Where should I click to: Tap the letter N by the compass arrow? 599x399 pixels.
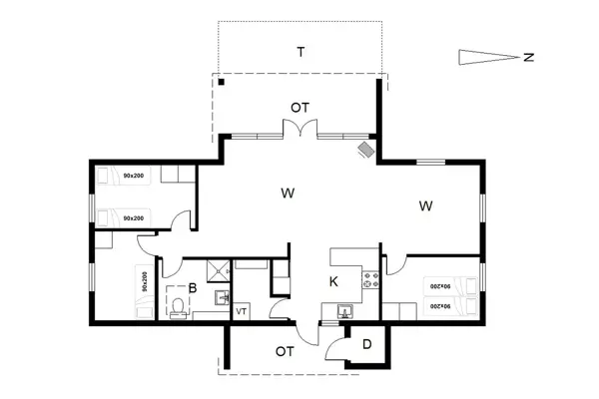point(529,57)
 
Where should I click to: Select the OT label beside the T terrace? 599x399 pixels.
point(299,107)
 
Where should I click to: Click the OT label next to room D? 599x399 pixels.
point(285,351)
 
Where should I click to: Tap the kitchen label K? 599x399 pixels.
point(333,282)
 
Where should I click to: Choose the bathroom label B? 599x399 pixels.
point(193,288)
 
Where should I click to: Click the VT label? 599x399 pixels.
point(241,312)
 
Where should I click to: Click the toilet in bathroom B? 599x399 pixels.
point(179,311)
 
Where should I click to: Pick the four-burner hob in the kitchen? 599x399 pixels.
point(371,281)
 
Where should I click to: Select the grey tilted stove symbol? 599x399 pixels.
point(366,149)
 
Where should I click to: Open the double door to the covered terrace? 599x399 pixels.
point(299,130)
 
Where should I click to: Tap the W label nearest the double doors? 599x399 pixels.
point(287,191)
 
